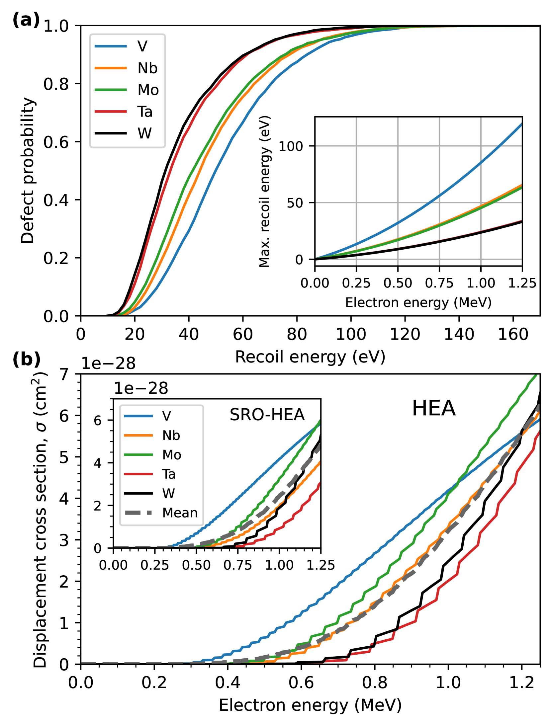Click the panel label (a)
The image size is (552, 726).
26,20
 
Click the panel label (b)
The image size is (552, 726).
26,360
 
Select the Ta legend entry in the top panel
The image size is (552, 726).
145,112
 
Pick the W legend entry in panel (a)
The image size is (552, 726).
144,133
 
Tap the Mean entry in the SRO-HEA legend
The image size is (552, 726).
180,513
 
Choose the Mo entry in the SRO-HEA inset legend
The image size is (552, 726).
171,455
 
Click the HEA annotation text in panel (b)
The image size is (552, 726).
433,408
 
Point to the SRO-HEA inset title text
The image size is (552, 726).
267,415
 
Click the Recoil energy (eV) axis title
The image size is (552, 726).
310,357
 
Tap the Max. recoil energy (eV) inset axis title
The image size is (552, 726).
264,192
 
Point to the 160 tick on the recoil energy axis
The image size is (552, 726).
513,334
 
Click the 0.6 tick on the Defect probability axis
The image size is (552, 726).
56,142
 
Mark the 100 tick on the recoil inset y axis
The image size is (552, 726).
291,146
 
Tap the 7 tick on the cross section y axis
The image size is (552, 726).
64,374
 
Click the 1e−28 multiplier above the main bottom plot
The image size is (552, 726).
109,363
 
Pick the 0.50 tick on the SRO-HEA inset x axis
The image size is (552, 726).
196,565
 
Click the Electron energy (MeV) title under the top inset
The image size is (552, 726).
418,302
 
